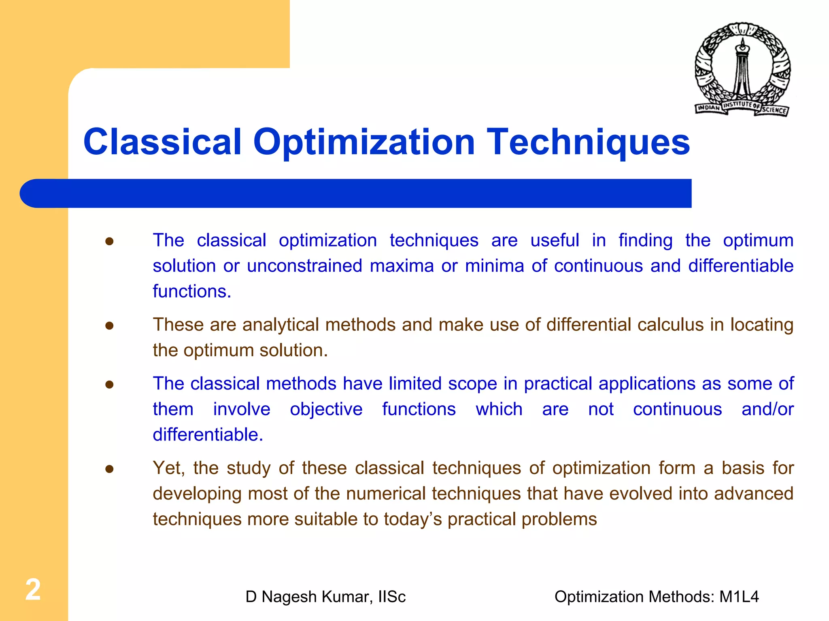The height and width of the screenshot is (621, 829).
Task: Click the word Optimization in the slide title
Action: [363, 142]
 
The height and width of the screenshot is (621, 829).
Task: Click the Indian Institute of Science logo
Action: [742, 70]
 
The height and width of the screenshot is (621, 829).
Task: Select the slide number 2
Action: [33, 589]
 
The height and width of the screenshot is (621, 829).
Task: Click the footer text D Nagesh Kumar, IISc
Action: [325, 597]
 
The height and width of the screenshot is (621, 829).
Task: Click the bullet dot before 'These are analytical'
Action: [109, 325]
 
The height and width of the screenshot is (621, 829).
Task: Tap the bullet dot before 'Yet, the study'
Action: [109, 469]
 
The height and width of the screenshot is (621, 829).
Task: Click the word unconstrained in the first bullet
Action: [304, 266]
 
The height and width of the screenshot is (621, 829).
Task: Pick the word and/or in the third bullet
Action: [767, 409]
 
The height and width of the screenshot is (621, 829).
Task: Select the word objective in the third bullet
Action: [326, 409]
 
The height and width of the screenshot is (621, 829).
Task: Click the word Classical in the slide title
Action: [162, 142]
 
